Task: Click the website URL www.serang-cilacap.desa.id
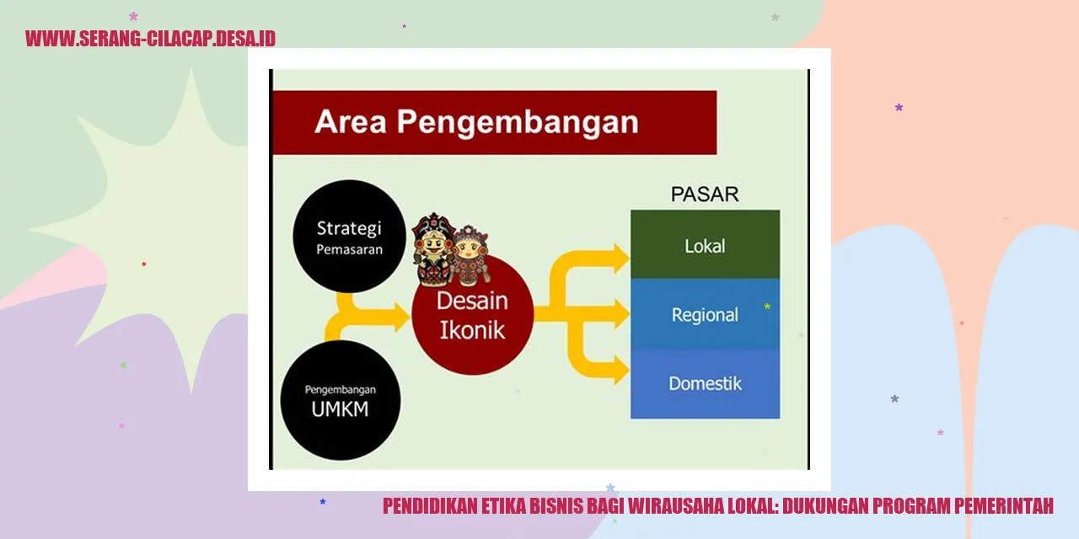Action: [150, 39]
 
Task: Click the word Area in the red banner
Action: [351, 122]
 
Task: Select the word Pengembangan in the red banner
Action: [518, 123]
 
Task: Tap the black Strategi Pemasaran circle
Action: [349, 237]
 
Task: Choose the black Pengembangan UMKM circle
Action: [340, 400]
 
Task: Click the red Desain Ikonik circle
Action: [472, 313]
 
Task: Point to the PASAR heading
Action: [704, 194]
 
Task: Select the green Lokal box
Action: [705, 246]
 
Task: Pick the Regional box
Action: [705, 315]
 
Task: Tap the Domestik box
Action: [705, 383]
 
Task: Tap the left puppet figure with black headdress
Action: [432, 248]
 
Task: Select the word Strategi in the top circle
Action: [349, 228]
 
